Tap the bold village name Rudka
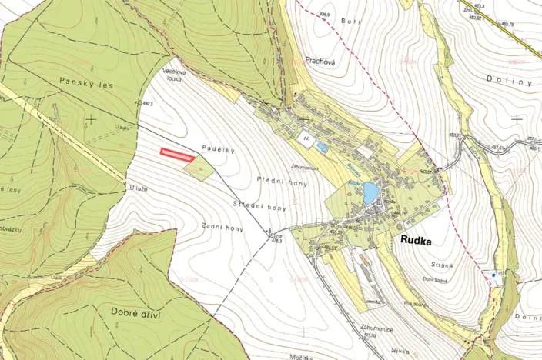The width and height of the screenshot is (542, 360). [x=417, y=240]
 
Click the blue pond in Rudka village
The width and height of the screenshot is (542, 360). [x=370, y=192]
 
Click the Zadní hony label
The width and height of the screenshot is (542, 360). [x=223, y=228]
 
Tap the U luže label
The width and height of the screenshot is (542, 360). [x=138, y=188]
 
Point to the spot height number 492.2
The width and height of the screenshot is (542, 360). [x=149, y=103]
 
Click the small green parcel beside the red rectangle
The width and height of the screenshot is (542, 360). [x=199, y=168]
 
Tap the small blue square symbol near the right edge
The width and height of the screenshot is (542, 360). [x=493, y=273]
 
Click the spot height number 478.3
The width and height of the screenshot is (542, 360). [x=275, y=241]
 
